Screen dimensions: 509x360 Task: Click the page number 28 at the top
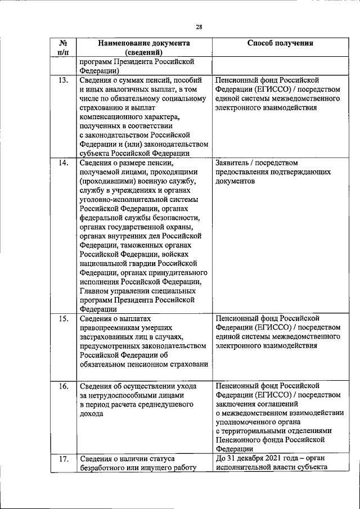199,26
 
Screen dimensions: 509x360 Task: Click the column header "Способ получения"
280,43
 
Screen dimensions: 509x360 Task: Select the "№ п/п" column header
64,48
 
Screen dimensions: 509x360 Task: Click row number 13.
64,81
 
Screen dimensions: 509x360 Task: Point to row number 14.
64,164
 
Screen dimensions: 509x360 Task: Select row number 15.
64,319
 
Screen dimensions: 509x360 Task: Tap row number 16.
64,386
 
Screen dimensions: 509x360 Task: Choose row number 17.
64,460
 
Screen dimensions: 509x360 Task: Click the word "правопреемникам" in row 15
113,329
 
